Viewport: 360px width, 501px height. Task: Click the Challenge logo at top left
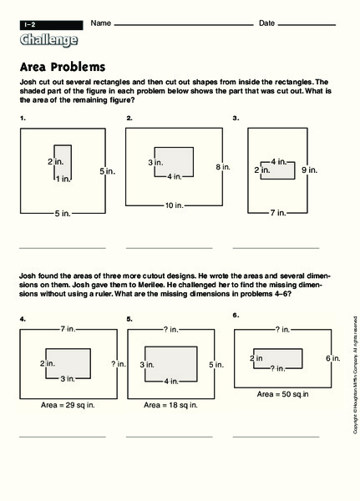[x=48, y=39]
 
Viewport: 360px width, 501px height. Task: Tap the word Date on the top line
[x=266, y=23]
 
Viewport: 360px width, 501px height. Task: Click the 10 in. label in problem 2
[x=175, y=205]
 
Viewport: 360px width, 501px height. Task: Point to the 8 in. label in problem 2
[x=222, y=168]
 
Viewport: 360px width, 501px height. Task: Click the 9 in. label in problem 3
[x=309, y=170]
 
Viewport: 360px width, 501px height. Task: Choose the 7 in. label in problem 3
[x=278, y=214]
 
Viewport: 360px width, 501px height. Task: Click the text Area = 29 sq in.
[x=69, y=404]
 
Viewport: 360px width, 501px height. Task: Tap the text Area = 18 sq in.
[x=170, y=404]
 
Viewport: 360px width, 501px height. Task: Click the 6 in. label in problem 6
[x=332, y=357]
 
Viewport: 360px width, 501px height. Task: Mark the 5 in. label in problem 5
[x=215, y=364]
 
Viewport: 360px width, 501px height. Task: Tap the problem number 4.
[x=23, y=318]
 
